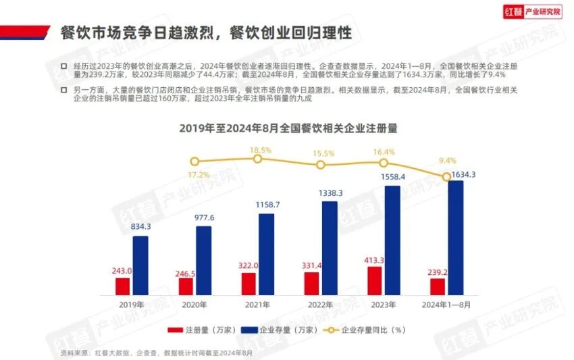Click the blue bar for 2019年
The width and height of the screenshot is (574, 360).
(140, 265)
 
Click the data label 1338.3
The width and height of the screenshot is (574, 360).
(330, 193)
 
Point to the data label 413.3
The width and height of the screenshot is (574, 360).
(375, 259)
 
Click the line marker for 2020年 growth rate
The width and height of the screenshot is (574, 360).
(194, 161)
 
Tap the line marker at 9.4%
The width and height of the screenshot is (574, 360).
(446, 176)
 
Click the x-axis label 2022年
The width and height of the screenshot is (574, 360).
(321, 305)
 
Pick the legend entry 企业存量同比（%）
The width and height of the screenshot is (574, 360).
(368, 330)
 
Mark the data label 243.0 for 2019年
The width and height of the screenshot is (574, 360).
(122, 271)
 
